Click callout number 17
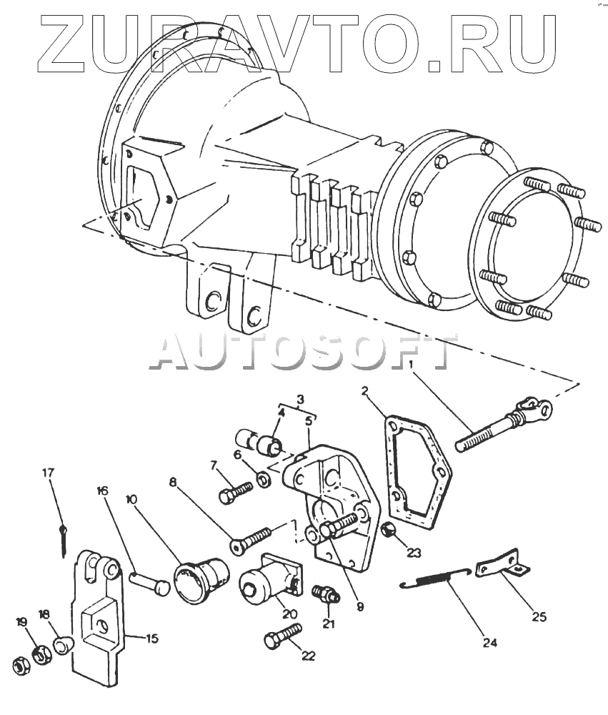tap(48, 472)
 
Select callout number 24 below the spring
tap(489, 643)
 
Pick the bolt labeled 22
tap(284, 636)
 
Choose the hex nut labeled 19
tap(41, 653)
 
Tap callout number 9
tap(360, 607)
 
